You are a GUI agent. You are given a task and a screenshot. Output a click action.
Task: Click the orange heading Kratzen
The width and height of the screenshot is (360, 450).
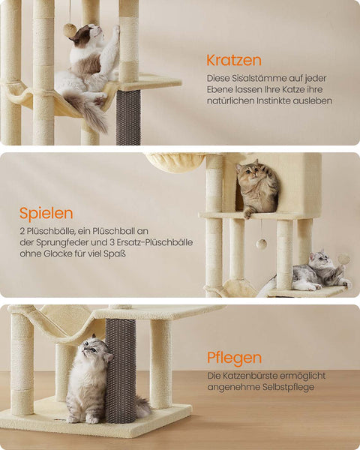pos(233,60)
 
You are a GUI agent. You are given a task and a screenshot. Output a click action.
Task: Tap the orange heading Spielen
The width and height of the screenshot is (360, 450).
pos(46,213)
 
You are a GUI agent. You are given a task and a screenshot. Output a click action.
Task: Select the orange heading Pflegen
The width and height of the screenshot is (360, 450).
pos(234,358)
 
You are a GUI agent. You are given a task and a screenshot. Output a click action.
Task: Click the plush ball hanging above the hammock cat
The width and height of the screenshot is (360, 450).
pos(70,30)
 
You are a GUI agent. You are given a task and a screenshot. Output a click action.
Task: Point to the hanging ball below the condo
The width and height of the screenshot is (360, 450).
pos(262,244)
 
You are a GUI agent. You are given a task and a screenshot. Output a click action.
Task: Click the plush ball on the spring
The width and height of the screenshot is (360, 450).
pos(344,258)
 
